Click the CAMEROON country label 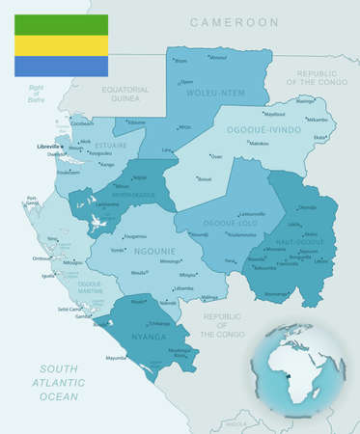[235, 21]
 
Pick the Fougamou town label [136, 236]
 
